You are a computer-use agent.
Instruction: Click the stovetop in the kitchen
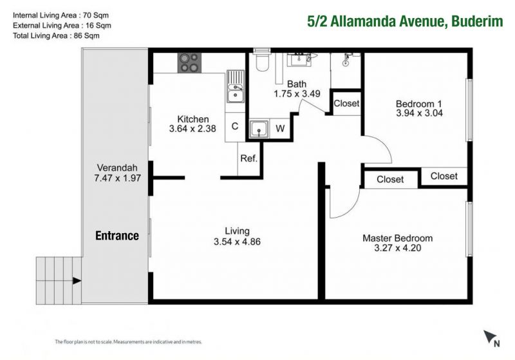tap(189, 62)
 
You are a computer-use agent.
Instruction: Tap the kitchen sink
tap(236, 86)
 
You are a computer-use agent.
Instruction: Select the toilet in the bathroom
tap(262, 61)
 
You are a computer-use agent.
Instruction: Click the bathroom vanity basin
tap(299, 59)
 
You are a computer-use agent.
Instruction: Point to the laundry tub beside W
tap(259, 128)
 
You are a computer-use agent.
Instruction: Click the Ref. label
tap(248, 158)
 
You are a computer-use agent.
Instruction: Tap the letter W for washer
tap(280, 128)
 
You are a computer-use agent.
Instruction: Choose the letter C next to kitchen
tap(235, 126)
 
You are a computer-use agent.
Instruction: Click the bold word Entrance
tap(117, 236)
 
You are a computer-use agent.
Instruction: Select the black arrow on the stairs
tap(77, 281)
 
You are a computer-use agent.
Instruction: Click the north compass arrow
tap(489, 336)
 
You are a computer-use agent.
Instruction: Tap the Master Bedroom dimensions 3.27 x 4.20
tap(397, 248)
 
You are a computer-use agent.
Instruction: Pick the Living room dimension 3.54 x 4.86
tap(237, 242)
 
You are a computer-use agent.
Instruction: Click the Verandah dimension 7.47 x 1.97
tap(117, 178)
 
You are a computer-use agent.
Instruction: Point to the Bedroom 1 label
tap(419, 104)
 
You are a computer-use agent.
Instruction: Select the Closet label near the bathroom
tap(346, 103)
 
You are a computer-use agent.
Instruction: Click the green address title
tap(405, 21)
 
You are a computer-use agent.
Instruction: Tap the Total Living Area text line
tap(56, 36)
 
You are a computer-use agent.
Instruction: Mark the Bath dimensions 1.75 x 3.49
tap(297, 93)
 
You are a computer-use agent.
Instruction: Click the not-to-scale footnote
tap(128, 342)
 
